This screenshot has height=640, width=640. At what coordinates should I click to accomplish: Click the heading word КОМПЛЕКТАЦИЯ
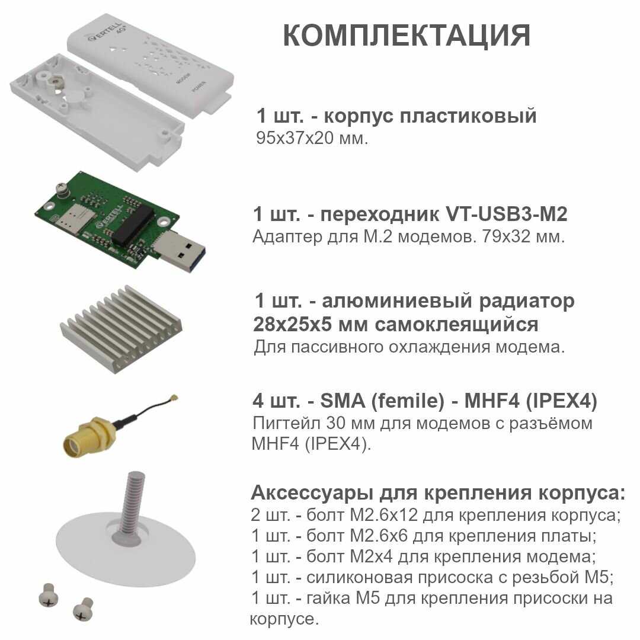(x=407, y=36)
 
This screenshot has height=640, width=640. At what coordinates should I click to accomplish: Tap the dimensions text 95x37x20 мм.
(x=312, y=138)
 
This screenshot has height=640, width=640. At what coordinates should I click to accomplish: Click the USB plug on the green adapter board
(x=179, y=251)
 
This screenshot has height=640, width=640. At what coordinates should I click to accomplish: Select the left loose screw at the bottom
(x=48, y=594)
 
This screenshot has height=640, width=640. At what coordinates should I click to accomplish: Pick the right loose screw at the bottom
(x=84, y=609)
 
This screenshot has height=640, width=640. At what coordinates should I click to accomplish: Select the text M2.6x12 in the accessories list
(x=383, y=515)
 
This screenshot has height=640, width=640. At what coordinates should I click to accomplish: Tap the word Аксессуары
(x=312, y=492)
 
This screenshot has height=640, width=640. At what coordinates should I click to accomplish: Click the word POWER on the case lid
(x=199, y=87)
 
